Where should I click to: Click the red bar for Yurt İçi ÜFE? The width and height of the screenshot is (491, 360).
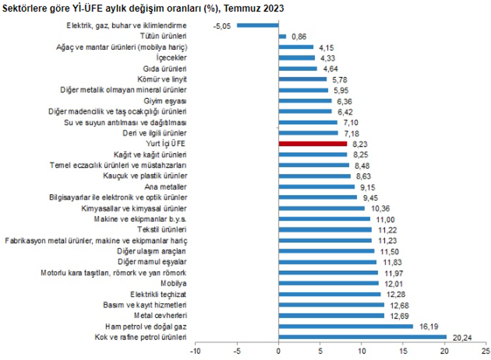[x=312, y=144]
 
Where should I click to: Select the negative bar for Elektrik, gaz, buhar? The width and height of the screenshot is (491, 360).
[x=258, y=25]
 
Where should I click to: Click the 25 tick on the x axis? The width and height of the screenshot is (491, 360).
[x=486, y=350]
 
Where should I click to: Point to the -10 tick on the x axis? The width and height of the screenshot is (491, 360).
[x=196, y=350]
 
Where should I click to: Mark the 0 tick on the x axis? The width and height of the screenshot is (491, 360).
[x=279, y=350]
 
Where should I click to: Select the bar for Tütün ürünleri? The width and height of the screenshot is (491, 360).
[x=282, y=36]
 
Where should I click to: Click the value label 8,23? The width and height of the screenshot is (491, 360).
[x=360, y=144]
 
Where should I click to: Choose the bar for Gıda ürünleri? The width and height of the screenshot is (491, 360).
[x=298, y=68]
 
